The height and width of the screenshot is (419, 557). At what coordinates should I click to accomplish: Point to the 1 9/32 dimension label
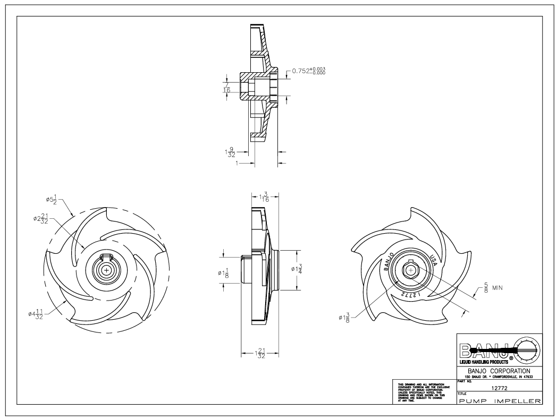click(x=230, y=152)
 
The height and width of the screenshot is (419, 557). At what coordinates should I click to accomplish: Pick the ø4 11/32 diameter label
click(x=38, y=313)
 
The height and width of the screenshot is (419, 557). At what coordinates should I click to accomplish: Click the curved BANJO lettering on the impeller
click(x=388, y=261)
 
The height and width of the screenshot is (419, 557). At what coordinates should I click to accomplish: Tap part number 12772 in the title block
click(x=499, y=389)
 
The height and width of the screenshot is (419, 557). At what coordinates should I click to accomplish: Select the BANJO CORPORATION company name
click(x=499, y=370)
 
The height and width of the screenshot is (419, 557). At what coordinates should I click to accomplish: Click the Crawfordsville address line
click(x=499, y=377)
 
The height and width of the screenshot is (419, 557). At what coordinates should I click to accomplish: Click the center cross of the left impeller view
click(x=107, y=270)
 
